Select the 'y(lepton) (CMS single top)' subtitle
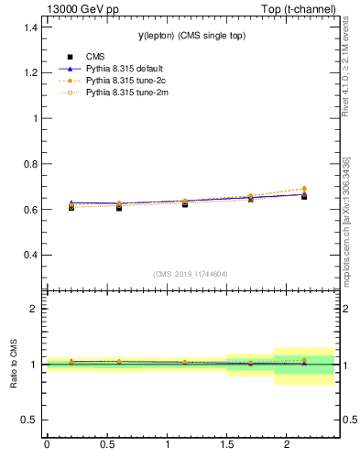point(190,35)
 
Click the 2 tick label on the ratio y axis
point(34,309)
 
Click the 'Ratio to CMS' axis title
point(14,364)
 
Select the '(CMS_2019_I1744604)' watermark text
point(190,274)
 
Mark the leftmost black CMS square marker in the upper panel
point(71,207)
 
